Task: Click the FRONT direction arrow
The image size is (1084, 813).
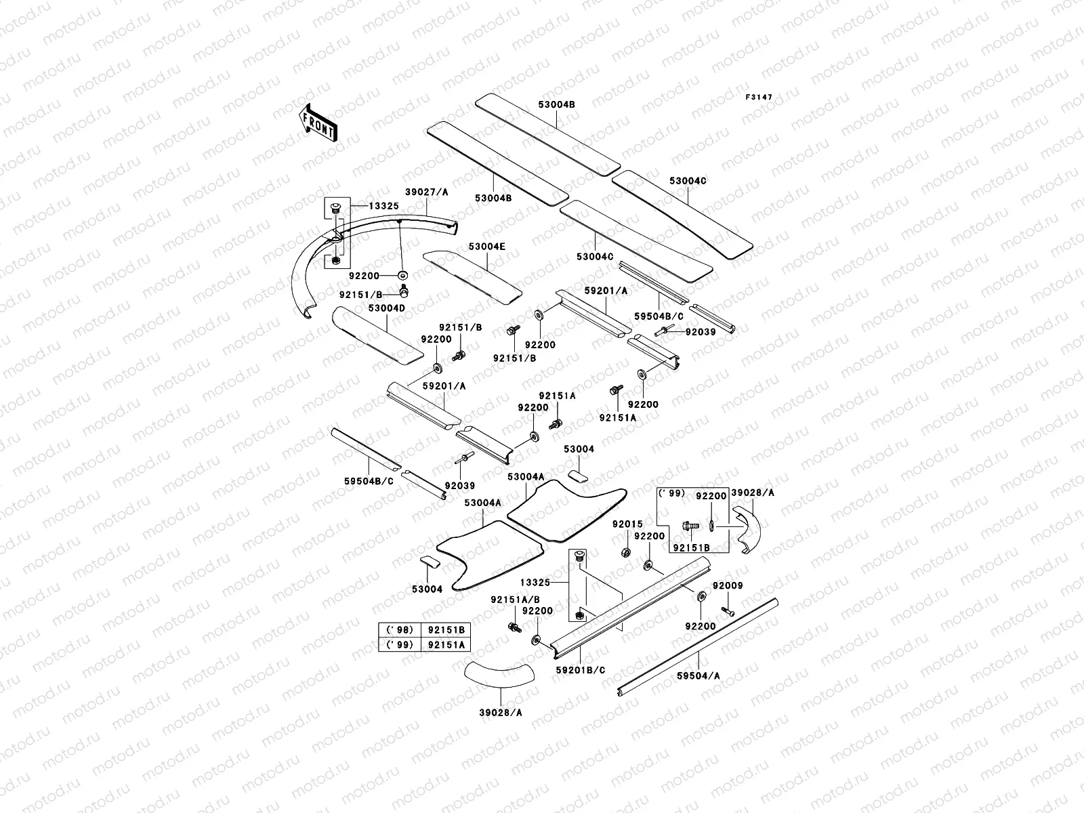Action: pos(318,122)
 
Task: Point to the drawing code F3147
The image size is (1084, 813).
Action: pos(759,98)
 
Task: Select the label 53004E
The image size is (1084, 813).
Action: pos(486,247)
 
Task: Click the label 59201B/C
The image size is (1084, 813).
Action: pos(581,670)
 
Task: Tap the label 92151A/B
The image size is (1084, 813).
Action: pos(516,600)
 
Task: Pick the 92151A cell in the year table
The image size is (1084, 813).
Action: pos(446,645)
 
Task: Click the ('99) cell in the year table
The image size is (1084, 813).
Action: pos(399,645)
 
